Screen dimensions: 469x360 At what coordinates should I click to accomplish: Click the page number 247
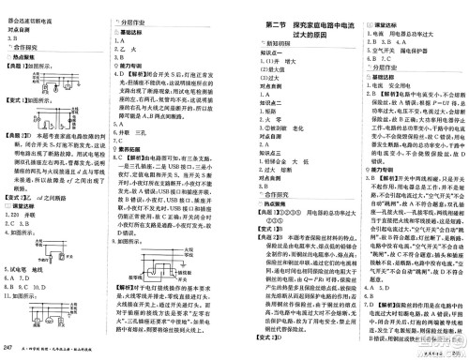(x=8, y=349)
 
